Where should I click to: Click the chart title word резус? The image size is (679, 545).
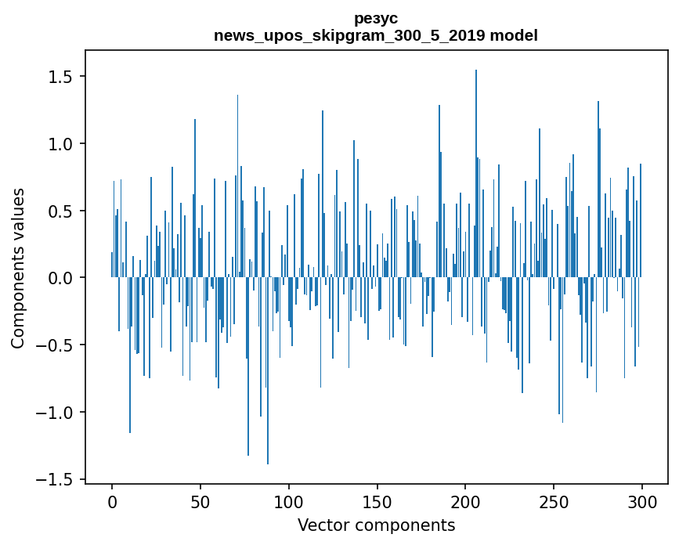[376, 18]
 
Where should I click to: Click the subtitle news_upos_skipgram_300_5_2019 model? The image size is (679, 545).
[376, 35]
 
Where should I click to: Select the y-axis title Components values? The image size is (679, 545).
[18, 268]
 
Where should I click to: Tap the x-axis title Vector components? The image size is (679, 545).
[376, 525]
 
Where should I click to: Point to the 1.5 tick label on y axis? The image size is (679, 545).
[62, 77]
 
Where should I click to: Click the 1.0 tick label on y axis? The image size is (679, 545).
[62, 144]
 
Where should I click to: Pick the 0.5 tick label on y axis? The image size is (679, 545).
[62, 211]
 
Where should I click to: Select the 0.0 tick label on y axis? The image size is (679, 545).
[62, 278]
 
